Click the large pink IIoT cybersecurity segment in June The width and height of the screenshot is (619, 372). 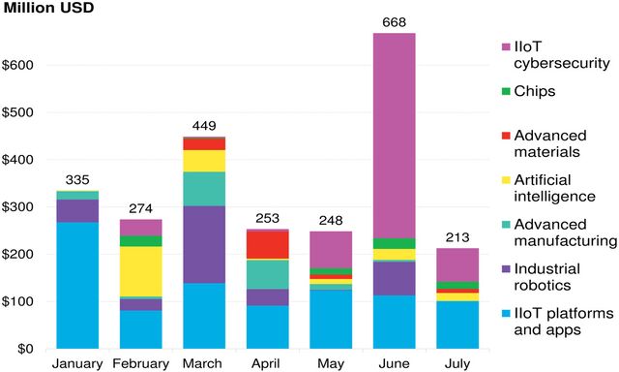point(395,136)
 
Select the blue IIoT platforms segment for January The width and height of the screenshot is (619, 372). point(77,285)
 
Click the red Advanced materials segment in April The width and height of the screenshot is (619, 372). point(268,244)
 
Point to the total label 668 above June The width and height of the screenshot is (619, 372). point(395,23)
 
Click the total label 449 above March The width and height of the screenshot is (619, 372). point(204,126)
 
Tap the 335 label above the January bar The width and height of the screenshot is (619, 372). point(77,180)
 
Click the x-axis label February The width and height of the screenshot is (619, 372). point(141,364)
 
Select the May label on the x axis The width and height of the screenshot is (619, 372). point(331,364)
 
